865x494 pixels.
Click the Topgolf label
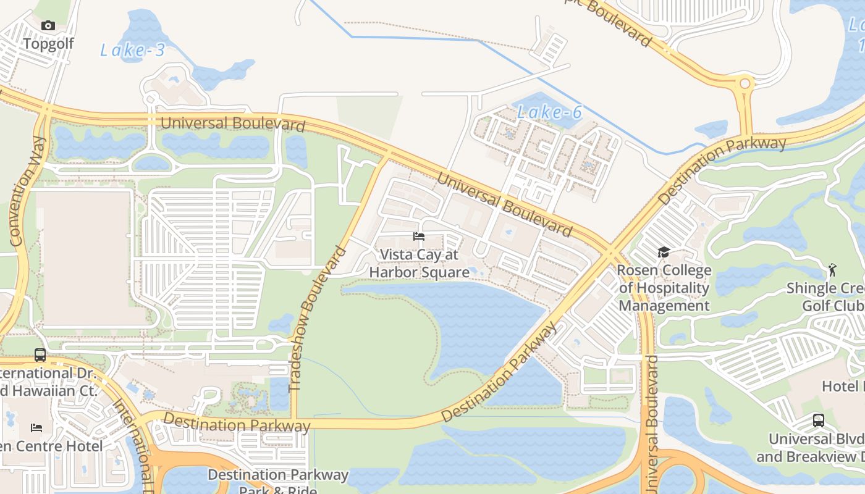48,44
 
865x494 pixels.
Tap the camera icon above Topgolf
48,25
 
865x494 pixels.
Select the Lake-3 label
133,50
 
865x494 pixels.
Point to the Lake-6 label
549,112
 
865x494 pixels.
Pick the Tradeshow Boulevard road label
316,319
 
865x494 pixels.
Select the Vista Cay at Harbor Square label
419,263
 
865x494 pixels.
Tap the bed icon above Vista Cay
419,237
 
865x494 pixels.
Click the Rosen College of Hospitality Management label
664,288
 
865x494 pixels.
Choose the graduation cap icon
664,252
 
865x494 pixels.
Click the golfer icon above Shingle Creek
832,270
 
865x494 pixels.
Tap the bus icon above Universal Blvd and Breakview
819,421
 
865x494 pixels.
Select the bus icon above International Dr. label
40,355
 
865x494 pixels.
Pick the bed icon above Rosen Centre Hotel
36,427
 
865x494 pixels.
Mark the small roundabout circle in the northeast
745,83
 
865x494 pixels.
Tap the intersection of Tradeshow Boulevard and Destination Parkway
294,424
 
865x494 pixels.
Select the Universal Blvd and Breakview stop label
816,448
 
